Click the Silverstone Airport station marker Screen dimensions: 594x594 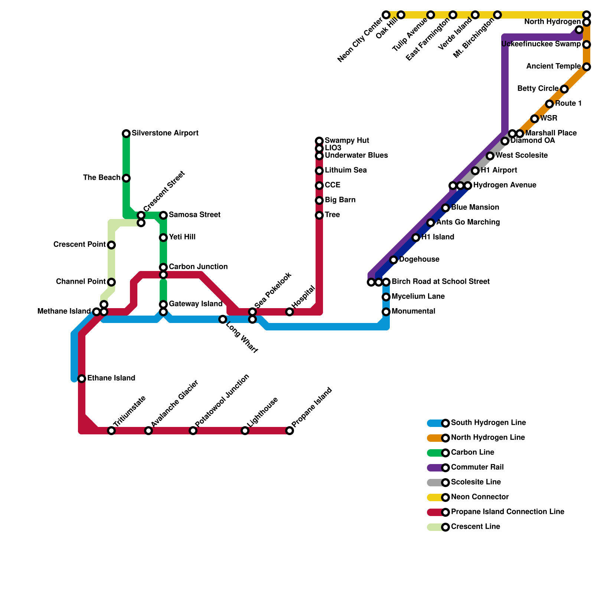(126, 134)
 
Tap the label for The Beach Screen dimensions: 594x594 (102, 178)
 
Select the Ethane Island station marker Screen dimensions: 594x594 (82, 379)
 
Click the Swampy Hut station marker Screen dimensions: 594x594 (319, 141)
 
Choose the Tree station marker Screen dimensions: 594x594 (319, 215)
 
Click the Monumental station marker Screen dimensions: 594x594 (386, 312)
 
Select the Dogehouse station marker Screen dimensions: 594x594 (394, 260)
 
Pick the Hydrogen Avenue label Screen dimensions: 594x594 (505, 185)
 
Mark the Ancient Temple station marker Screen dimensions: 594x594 (587, 67)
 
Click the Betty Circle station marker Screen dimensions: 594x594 (564, 89)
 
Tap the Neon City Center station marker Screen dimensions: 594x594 (386, 15)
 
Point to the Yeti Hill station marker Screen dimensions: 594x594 (163, 238)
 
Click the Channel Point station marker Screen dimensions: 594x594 (111, 282)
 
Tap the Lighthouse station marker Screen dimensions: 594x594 (245, 431)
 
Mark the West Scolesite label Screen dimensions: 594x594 (522, 156)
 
